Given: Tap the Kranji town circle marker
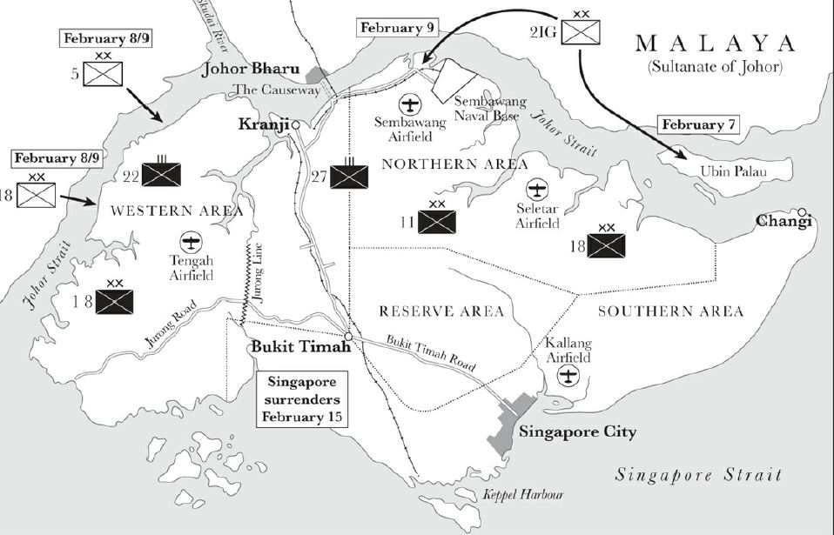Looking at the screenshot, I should click(296, 125).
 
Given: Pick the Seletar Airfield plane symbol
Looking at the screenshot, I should click(537, 189).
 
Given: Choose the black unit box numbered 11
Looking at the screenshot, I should click(438, 221).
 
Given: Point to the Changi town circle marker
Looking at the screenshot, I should click(803, 211).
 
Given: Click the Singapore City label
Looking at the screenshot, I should click(577, 431).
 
